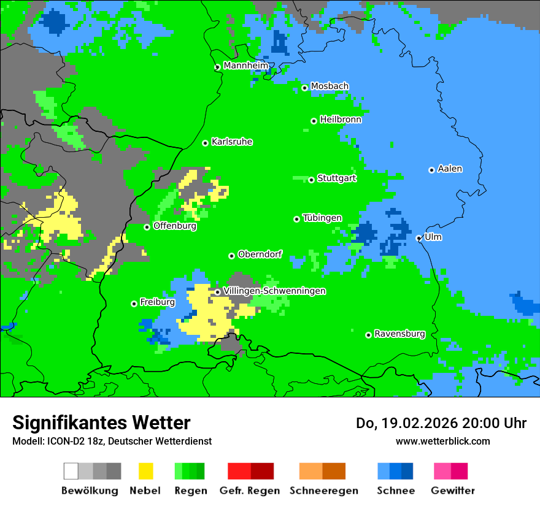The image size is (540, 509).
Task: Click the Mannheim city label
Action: [245, 66]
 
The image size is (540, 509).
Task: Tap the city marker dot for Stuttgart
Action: [312, 180]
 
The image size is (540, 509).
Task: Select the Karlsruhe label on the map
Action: [231, 142]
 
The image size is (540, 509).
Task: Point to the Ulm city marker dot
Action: [418, 238]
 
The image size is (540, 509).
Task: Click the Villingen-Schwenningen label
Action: [274, 291]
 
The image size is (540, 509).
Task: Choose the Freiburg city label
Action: [157, 302]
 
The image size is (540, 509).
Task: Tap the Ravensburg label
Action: [399, 334]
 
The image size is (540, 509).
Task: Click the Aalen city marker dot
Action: [431, 170]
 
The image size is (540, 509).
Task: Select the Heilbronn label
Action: [341, 120]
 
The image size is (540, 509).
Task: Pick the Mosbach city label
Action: [330, 86]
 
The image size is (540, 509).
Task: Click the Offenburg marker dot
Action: [147, 227]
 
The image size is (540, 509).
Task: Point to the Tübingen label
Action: [322, 218]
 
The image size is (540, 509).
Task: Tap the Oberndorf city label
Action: [260, 255]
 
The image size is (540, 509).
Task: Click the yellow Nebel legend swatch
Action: [145, 471]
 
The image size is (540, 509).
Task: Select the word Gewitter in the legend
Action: [452, 491]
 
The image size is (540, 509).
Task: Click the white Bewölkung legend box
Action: [71, 471]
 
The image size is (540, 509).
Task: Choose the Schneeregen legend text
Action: [323, 491]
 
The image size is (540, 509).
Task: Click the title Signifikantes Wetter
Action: [101, 423]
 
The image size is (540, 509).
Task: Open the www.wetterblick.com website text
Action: [442, 441]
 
